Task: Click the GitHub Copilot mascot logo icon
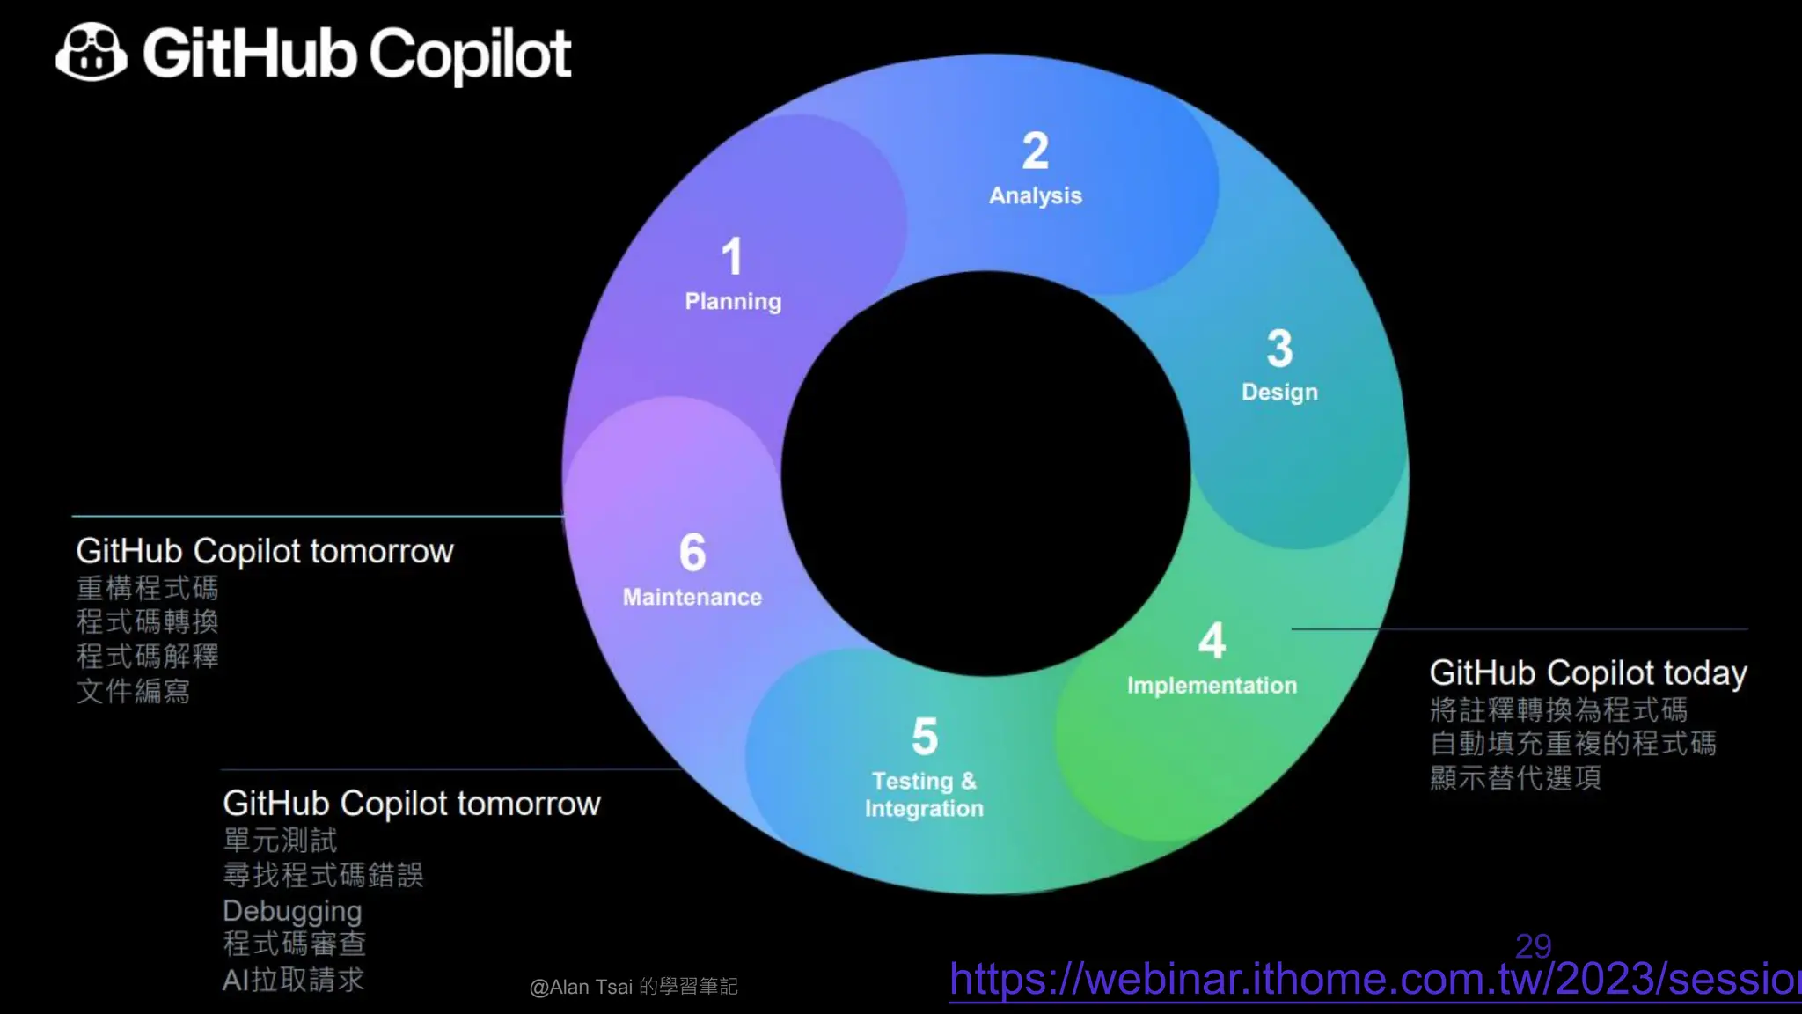(91, 53)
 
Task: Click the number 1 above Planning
(732, 256)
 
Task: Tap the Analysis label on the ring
(1035, 195)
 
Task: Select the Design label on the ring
(1279, 392)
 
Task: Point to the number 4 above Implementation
(1212, 640)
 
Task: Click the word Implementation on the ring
(1212, 685)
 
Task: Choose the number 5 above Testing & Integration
(924, 736)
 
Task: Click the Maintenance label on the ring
(692, 597)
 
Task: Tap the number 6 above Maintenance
(692, 552)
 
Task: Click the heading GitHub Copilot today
(1587, 672)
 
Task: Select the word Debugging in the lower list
(292, 910)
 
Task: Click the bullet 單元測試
(280, 840)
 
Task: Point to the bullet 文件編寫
(133, 691)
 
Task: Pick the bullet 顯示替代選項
(1515, 778)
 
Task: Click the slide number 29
(1533, 945)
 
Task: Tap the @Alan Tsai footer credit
(634, 987)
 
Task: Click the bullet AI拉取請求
(293, 980)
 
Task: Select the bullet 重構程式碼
(147, 587)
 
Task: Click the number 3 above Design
(1279, 348)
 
